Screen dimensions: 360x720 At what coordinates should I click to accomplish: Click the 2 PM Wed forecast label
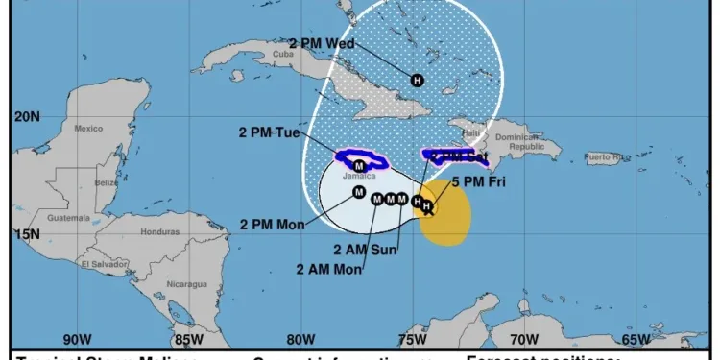323,43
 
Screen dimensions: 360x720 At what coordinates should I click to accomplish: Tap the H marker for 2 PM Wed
417,81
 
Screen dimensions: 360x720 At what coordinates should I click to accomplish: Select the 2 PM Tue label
274,132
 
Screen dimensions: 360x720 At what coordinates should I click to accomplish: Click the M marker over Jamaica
359,166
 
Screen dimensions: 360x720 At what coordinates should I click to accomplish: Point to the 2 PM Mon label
272,225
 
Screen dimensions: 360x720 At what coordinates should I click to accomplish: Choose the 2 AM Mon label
330,269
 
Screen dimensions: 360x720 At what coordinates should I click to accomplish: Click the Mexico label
88,129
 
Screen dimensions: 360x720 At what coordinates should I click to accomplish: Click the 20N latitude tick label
27,117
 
